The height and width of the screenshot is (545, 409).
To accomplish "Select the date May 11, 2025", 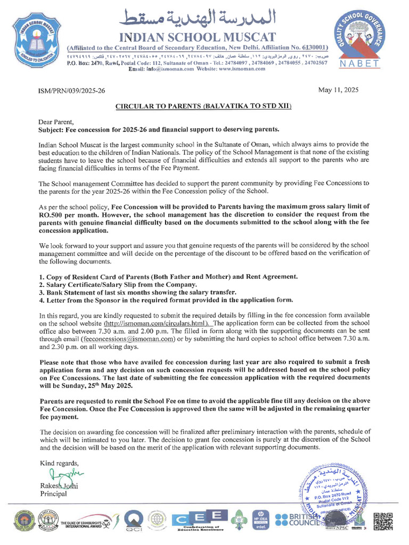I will (x=338, y=90).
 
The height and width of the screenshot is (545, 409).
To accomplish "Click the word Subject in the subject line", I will (x=54, y=129).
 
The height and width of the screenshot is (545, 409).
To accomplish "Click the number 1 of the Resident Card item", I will (x=42, y=277).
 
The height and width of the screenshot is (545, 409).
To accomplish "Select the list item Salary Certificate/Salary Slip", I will (x=109, y=285).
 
